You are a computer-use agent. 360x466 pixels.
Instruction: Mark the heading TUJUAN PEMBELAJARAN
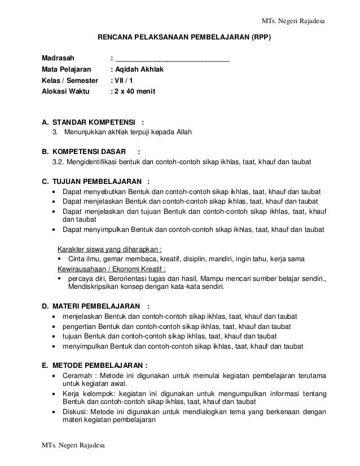coord(97,181)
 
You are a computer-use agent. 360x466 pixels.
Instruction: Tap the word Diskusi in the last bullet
coord(74,410)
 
